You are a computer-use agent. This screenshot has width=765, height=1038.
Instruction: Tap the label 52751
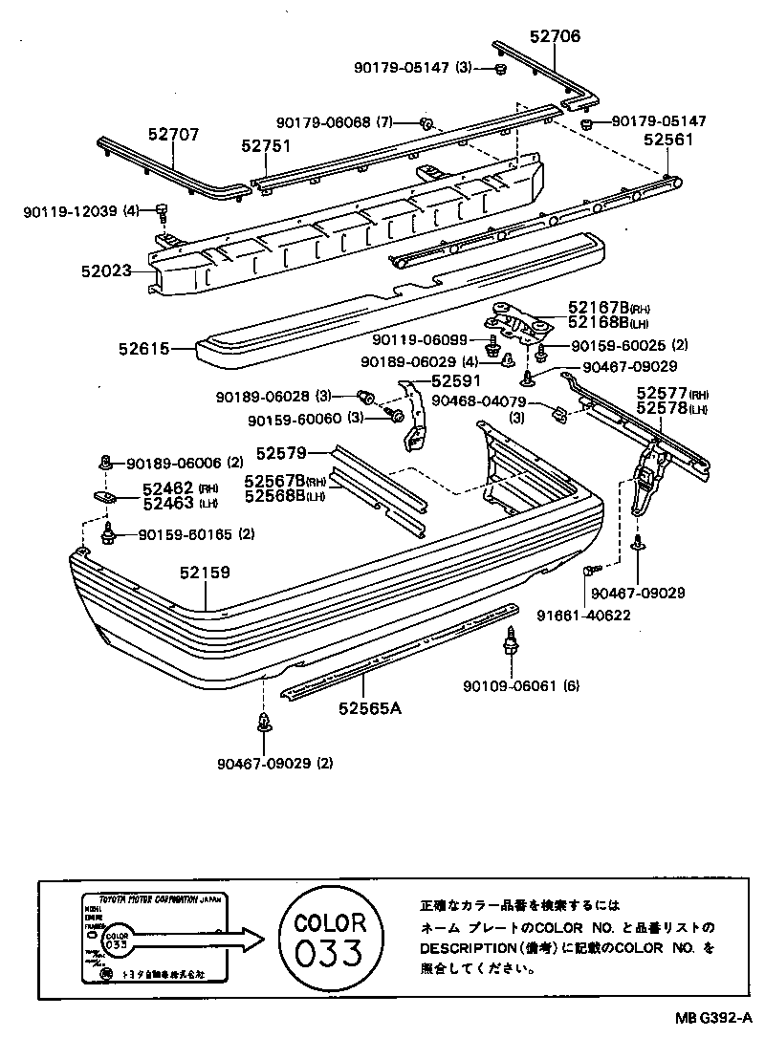tap(266, 147)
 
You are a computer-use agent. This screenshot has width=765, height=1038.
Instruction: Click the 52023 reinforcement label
tap(108, 271)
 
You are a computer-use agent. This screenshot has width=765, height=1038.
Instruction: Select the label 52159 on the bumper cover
tap(205, 574)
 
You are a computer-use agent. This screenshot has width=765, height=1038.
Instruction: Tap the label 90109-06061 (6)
tap(520, 685)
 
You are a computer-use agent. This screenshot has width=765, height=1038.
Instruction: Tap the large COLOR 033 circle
tap(330, 940)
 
